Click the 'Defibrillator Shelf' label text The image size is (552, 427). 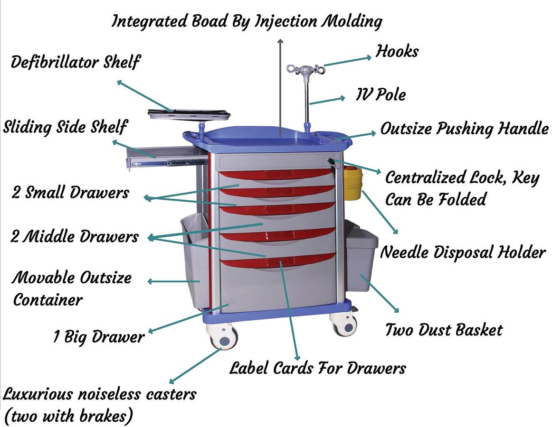click(x=76, y=62)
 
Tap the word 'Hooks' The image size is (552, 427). click(x=397, y=51)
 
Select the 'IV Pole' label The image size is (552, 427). click(x=381, y=95)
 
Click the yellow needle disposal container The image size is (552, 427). click(x=352, y=183)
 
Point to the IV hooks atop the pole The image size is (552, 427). click(x=306, y=70)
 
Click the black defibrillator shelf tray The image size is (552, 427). click(x=189, y=114)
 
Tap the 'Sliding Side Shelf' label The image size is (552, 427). click(x=65, y=127)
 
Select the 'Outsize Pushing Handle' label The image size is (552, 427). click(x=464, y=129)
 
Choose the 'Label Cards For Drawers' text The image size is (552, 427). click(x=317, y=368)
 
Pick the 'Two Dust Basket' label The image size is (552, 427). click(x=443, y=330)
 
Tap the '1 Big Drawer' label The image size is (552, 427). click(x=98, y=337)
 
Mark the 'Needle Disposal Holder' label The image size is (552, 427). click(x=462, y=252)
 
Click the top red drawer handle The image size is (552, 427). click(x=276, y=174)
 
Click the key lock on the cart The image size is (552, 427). click(x=332, y=163)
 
